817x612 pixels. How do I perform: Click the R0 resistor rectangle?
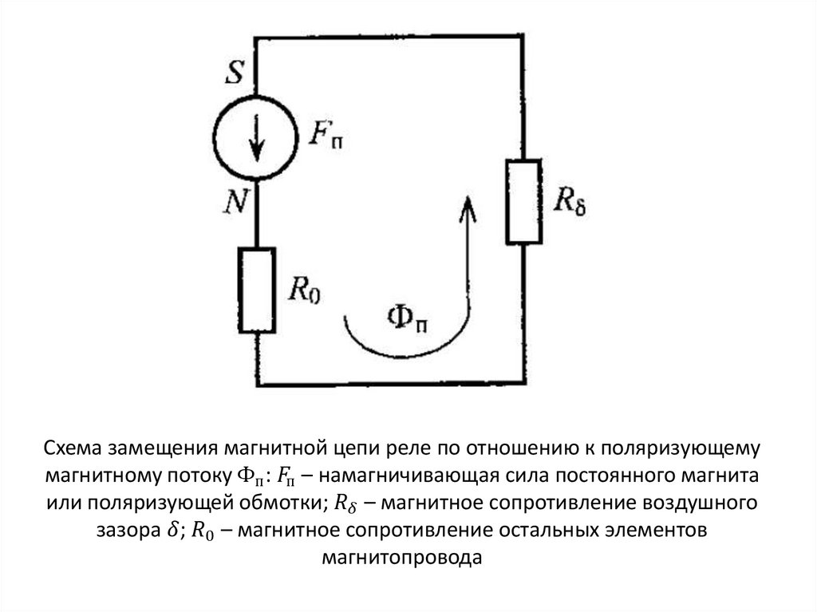256,289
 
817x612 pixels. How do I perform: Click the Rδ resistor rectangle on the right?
523,200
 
